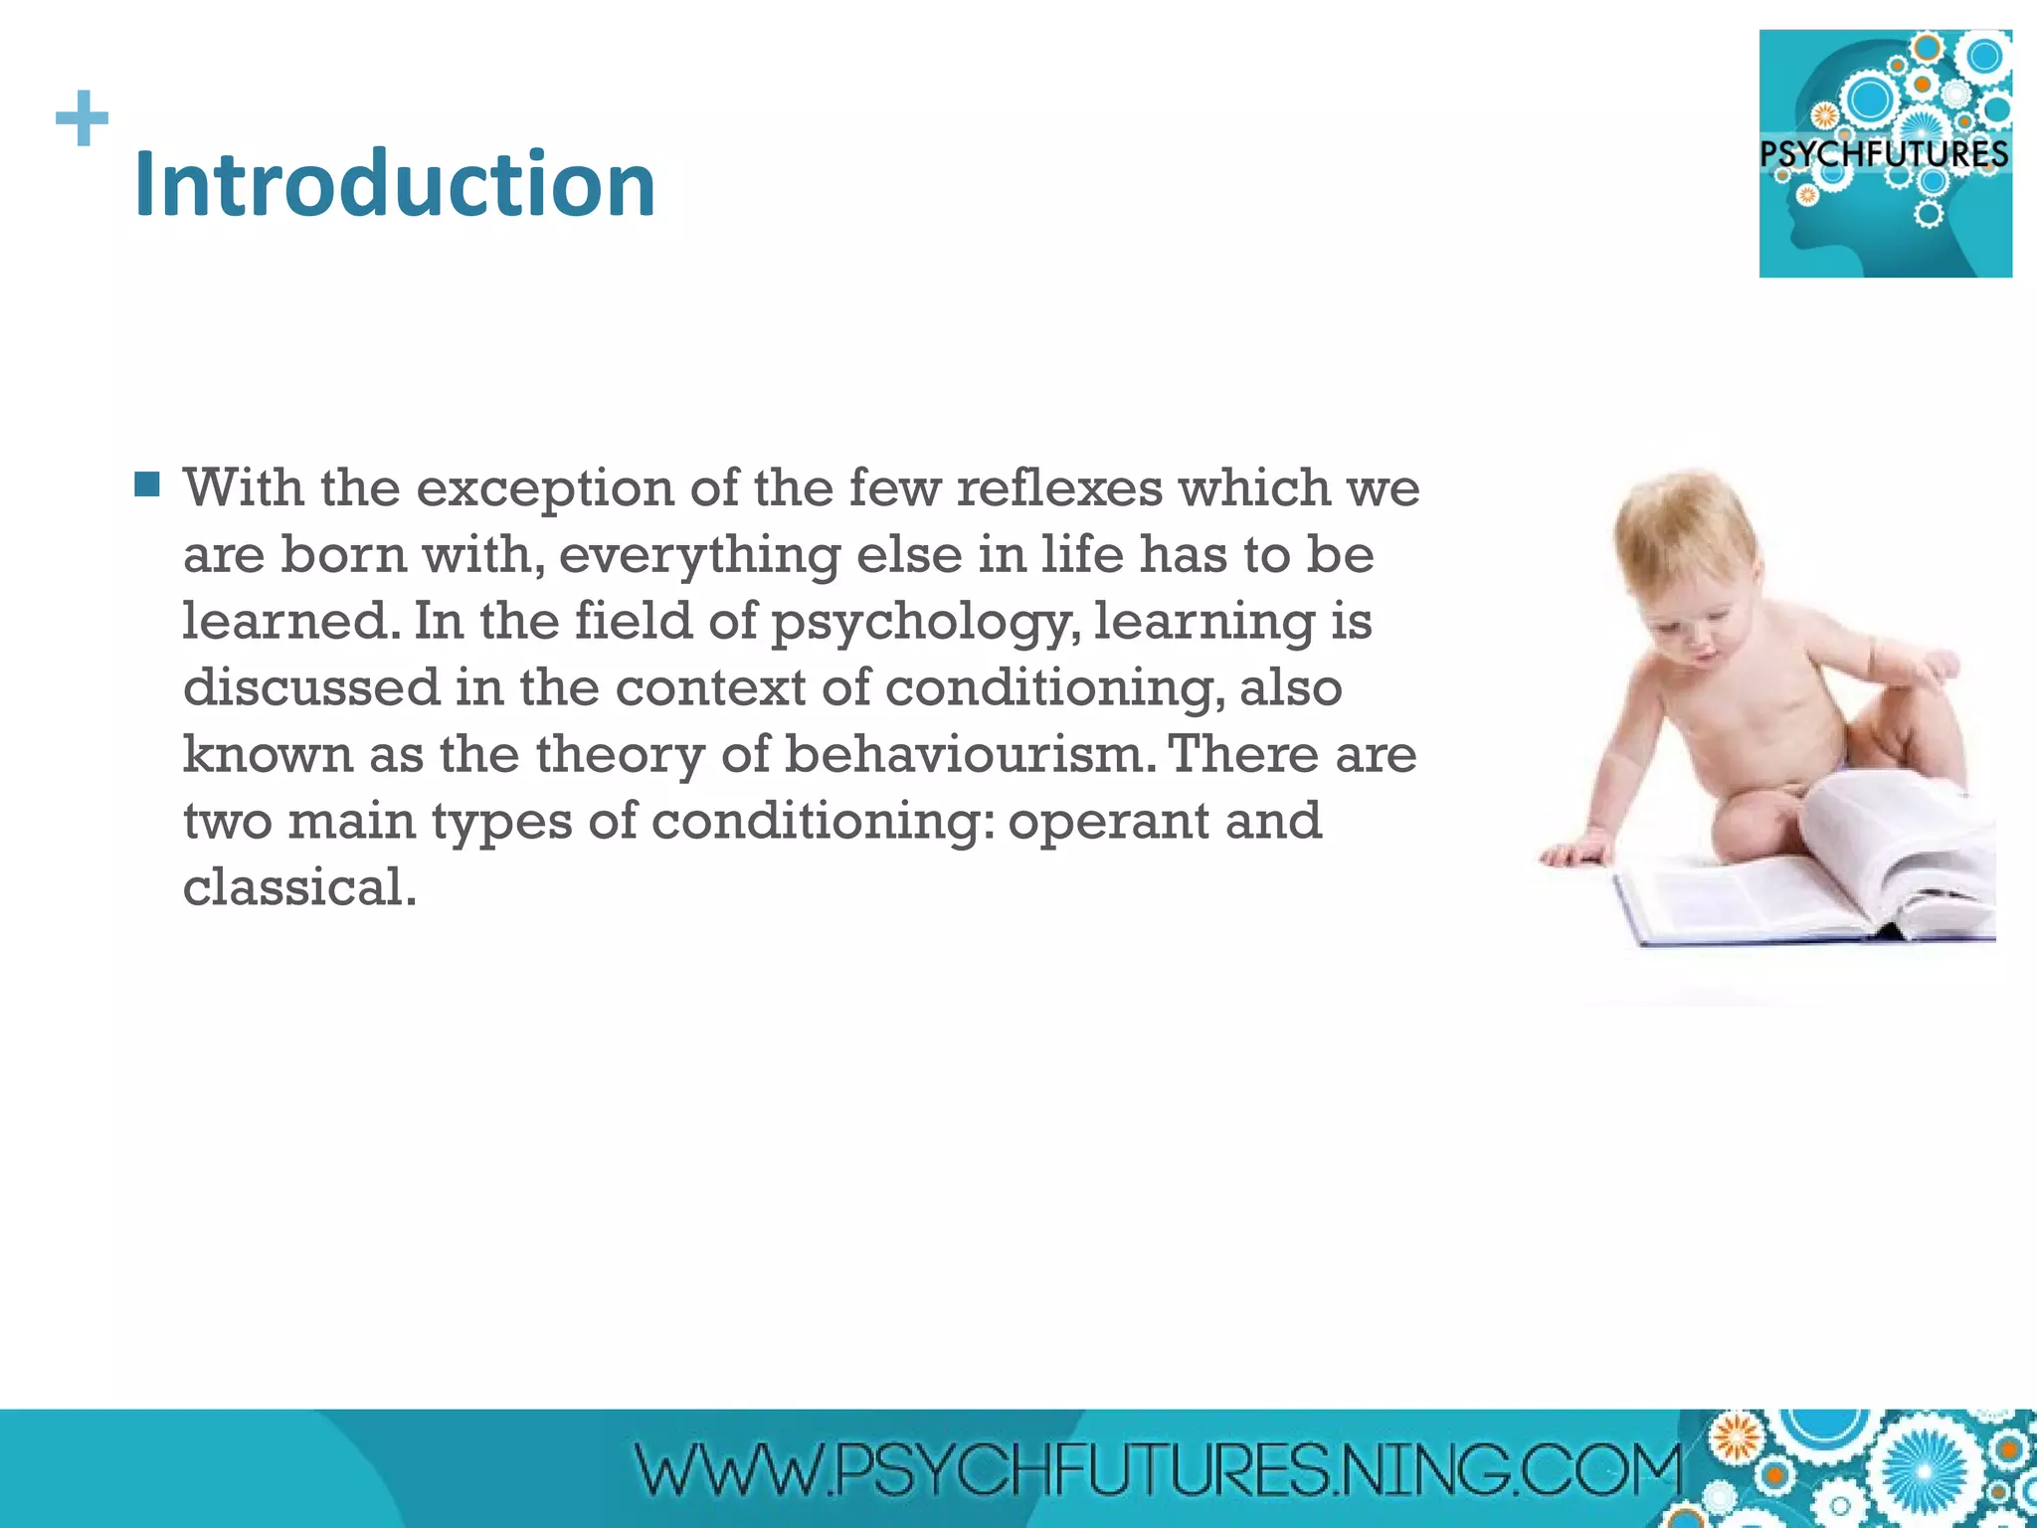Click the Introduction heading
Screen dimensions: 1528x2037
395,184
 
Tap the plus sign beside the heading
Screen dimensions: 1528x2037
82,118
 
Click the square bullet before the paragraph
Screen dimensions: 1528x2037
147,484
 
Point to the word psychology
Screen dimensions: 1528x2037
924,623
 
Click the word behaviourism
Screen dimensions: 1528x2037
971,754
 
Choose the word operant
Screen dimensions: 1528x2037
1107,822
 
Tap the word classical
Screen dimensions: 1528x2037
298,887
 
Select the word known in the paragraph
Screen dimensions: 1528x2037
268,754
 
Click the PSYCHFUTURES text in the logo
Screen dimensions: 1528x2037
1884,155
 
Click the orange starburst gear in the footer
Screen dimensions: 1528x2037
1736,1438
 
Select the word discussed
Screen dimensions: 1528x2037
311,688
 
